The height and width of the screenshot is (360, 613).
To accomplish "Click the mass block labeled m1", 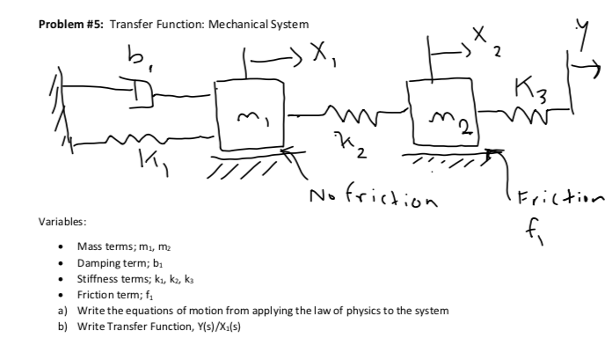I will click(x=249, y=115).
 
